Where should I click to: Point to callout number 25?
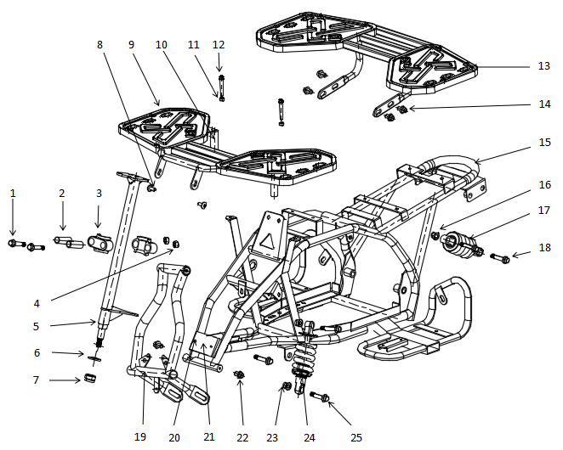[x=355, y=437]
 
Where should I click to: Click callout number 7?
[x=36, y=380]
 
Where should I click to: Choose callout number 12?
[x=219, y=44]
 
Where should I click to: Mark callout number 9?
[x=131, y=44]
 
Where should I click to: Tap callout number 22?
[x=242, y=437]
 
